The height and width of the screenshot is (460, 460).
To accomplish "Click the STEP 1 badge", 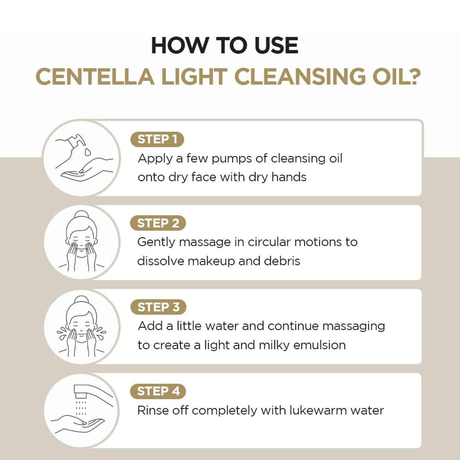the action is point(157,139).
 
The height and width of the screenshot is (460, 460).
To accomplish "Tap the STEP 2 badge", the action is point(158,223).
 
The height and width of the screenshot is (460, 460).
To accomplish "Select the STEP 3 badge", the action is point(158,307).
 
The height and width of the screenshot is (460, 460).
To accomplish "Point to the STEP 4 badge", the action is point(158,391).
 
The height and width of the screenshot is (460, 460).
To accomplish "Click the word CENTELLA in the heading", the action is point(95,76).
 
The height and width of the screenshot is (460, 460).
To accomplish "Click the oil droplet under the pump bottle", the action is point(88,152).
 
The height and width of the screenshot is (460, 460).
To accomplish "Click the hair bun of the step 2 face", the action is point(82,214).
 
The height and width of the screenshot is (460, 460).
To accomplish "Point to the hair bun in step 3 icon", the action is point(82,299).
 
